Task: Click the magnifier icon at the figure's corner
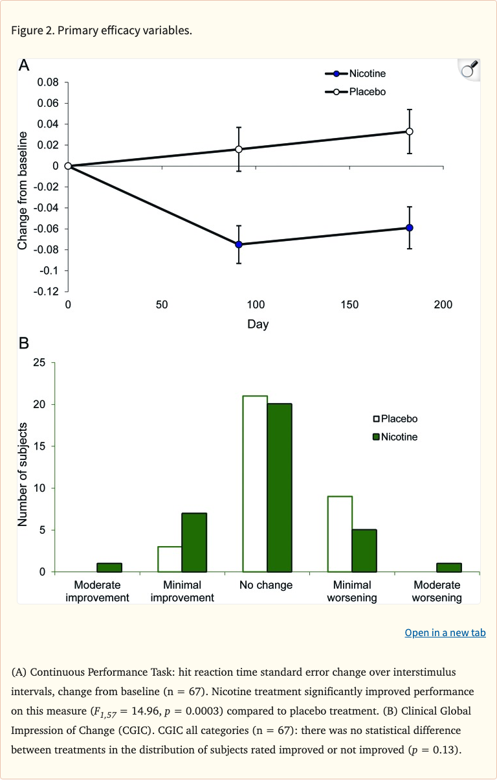coord(469,69)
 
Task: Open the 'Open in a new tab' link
coord(445,632)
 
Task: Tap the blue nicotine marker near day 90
coord(239,244)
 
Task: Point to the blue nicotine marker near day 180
coord(410,227)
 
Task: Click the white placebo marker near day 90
coord(239,149)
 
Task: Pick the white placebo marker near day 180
coord(410,132)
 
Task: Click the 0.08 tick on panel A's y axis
coord(47,83)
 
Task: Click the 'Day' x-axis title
coord(258,324)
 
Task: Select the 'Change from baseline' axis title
coord(23,190)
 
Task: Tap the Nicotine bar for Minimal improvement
coord(194,542)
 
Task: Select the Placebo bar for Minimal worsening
coord(340,534)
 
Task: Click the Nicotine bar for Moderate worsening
coord(449,568)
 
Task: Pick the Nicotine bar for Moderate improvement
coord(109,568)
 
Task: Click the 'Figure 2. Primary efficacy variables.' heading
coord(102,30)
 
